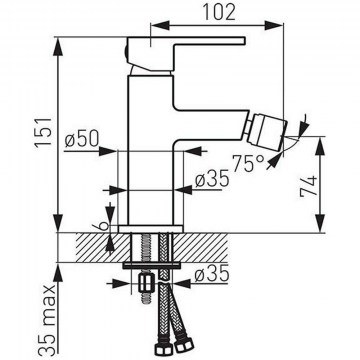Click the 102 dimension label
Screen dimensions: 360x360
pyautogui.click(x=219, y=13)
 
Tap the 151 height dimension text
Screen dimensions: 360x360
pyautogui.click(x=45, y=132)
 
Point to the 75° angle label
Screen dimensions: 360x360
pyautogui.click(x=249, y=163)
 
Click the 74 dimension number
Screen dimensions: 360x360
pyautogui.click(x=308, y=187)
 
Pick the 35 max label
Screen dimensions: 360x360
pyautogui.click(x=47, y=319)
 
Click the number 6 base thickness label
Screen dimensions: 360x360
pyautogui.click(x=104, y=226)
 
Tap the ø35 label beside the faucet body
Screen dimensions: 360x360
pyautogui.click(x=212, y=178)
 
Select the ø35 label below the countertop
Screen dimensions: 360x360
pyautogui.click(x=212, y=273)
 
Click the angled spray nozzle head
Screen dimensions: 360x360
pyautogui.click(x=269, y=132)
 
